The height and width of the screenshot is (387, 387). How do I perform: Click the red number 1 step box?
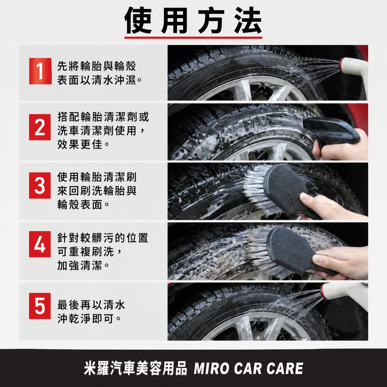(x=40, y=71)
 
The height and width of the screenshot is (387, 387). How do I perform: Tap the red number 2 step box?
(x=40, y=127)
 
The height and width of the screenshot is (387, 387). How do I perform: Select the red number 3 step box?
(x=40, y=185)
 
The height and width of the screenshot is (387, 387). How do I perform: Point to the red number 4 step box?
(x=40, y=244)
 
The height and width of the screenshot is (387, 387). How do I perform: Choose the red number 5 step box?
(x=40, y=306)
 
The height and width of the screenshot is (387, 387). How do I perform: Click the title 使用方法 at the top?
(x=193, y=21)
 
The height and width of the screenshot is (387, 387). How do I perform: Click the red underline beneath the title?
(x=193, y=37)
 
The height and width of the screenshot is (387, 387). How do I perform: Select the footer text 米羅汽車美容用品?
(x=136, y=368)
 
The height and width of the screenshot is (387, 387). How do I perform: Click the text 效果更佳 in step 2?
(x=80, y=144)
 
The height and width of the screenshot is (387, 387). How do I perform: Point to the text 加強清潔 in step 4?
(x=80, y=266)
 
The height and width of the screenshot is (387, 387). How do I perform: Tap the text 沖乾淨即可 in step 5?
(x=86, y=319)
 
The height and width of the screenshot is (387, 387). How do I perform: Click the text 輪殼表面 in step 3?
(x=80, y=204)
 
